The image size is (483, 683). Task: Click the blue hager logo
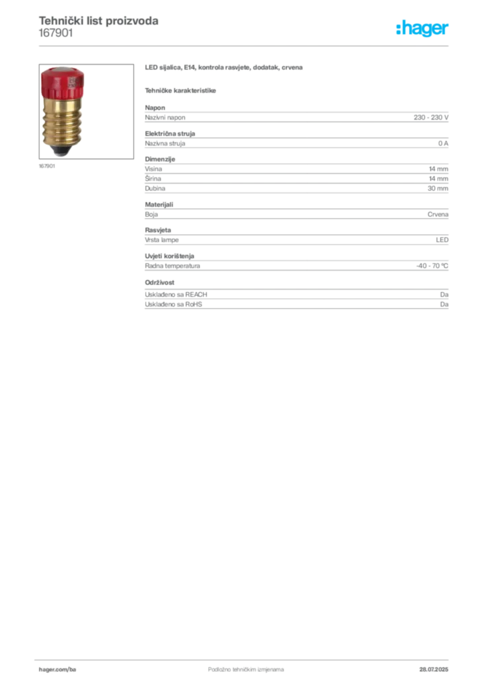click(x=423, y=29)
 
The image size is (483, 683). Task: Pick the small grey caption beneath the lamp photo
click(x=47, y=167)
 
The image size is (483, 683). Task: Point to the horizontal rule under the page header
click(x=245, y=45)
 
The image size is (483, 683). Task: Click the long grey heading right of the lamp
click(x=224, y=69)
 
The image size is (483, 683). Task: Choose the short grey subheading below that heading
click(x=181, y=90)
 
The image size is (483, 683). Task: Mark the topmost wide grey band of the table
click(x=296, y=118)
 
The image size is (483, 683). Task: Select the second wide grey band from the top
click(x=296, y=141)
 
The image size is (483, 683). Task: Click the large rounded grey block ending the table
click(x=296, y=297)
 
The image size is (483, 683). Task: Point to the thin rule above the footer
click(x=245, y=659)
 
